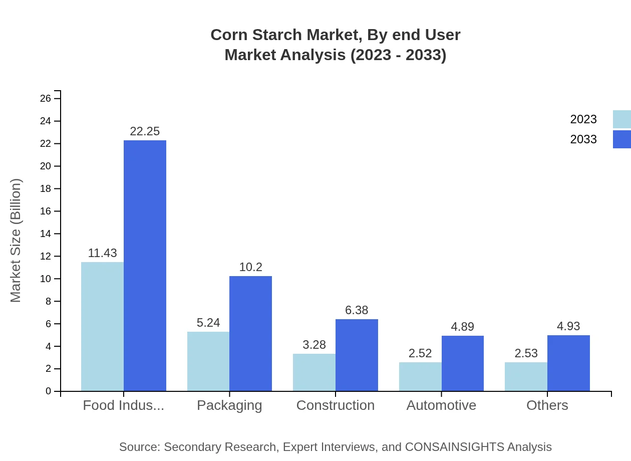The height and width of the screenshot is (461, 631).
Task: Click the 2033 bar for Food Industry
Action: click(145, 266)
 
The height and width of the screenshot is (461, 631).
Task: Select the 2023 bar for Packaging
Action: click(208, 361)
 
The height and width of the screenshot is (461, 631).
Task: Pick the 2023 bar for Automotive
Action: click(420, 376)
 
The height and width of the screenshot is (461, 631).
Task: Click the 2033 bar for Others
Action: click(568, 363)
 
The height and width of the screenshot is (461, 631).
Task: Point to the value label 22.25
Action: click(145, 131)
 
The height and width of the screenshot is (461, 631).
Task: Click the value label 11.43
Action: click(102, 253)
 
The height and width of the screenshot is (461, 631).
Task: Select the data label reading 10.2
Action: click(250, 267)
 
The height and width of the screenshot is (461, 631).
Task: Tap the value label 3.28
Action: click(314, 345)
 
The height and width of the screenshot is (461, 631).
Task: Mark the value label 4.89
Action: click(462, 327)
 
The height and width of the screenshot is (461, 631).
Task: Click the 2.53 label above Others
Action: click(526, 353)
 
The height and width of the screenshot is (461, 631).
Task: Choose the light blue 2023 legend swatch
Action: click(621, 119)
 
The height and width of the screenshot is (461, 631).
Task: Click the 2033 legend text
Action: click(583, 139)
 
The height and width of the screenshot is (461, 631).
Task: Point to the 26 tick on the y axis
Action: click(46, 99)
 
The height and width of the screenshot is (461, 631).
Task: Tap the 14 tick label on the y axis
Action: click(46, 234)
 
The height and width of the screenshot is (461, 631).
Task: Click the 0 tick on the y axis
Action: click(48, 391)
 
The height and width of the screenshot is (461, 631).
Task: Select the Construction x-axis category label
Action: click(335, 405)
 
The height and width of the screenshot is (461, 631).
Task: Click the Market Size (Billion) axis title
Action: click(16, 241)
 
